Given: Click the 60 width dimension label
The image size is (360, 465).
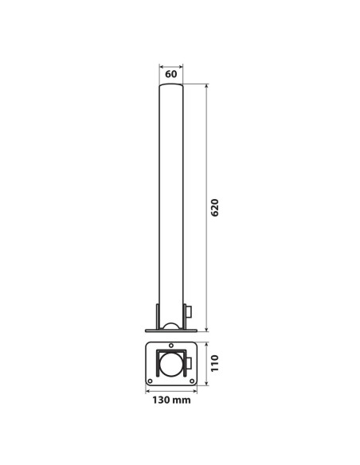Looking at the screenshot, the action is point(170,74).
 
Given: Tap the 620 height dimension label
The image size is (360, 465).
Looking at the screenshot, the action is point(215,208).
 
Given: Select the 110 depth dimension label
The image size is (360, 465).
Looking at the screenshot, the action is point(214,363).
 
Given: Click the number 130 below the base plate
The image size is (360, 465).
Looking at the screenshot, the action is point(162,400).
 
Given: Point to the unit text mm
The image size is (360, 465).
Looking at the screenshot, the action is point(182,401).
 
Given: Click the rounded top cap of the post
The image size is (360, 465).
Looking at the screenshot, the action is point(170,85).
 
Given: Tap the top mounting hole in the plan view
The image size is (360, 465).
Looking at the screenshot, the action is point(171,346).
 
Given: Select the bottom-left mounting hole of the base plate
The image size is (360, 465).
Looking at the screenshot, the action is point(150,381).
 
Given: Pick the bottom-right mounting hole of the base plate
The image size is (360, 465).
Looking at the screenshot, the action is point(192,381).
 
